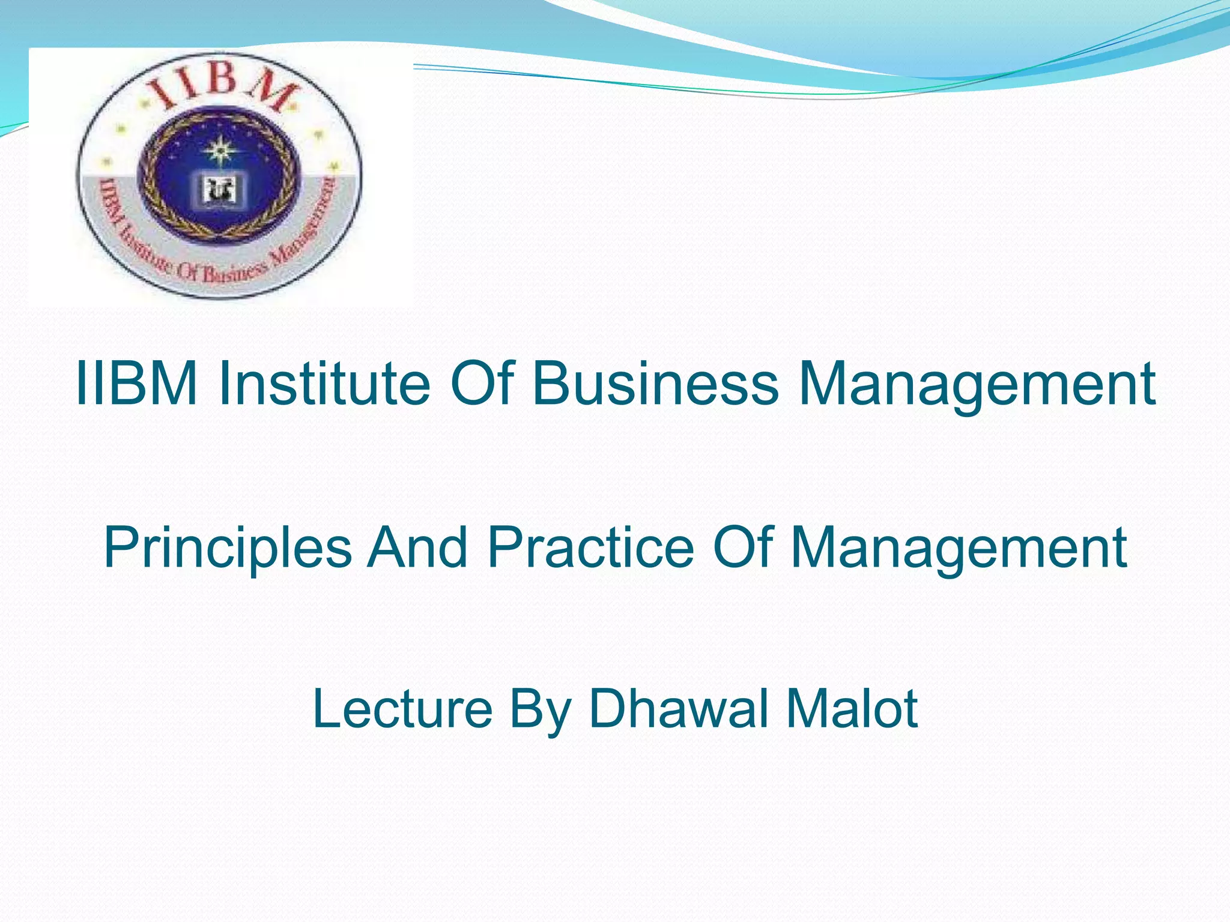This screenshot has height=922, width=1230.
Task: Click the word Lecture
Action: point(402,708)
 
